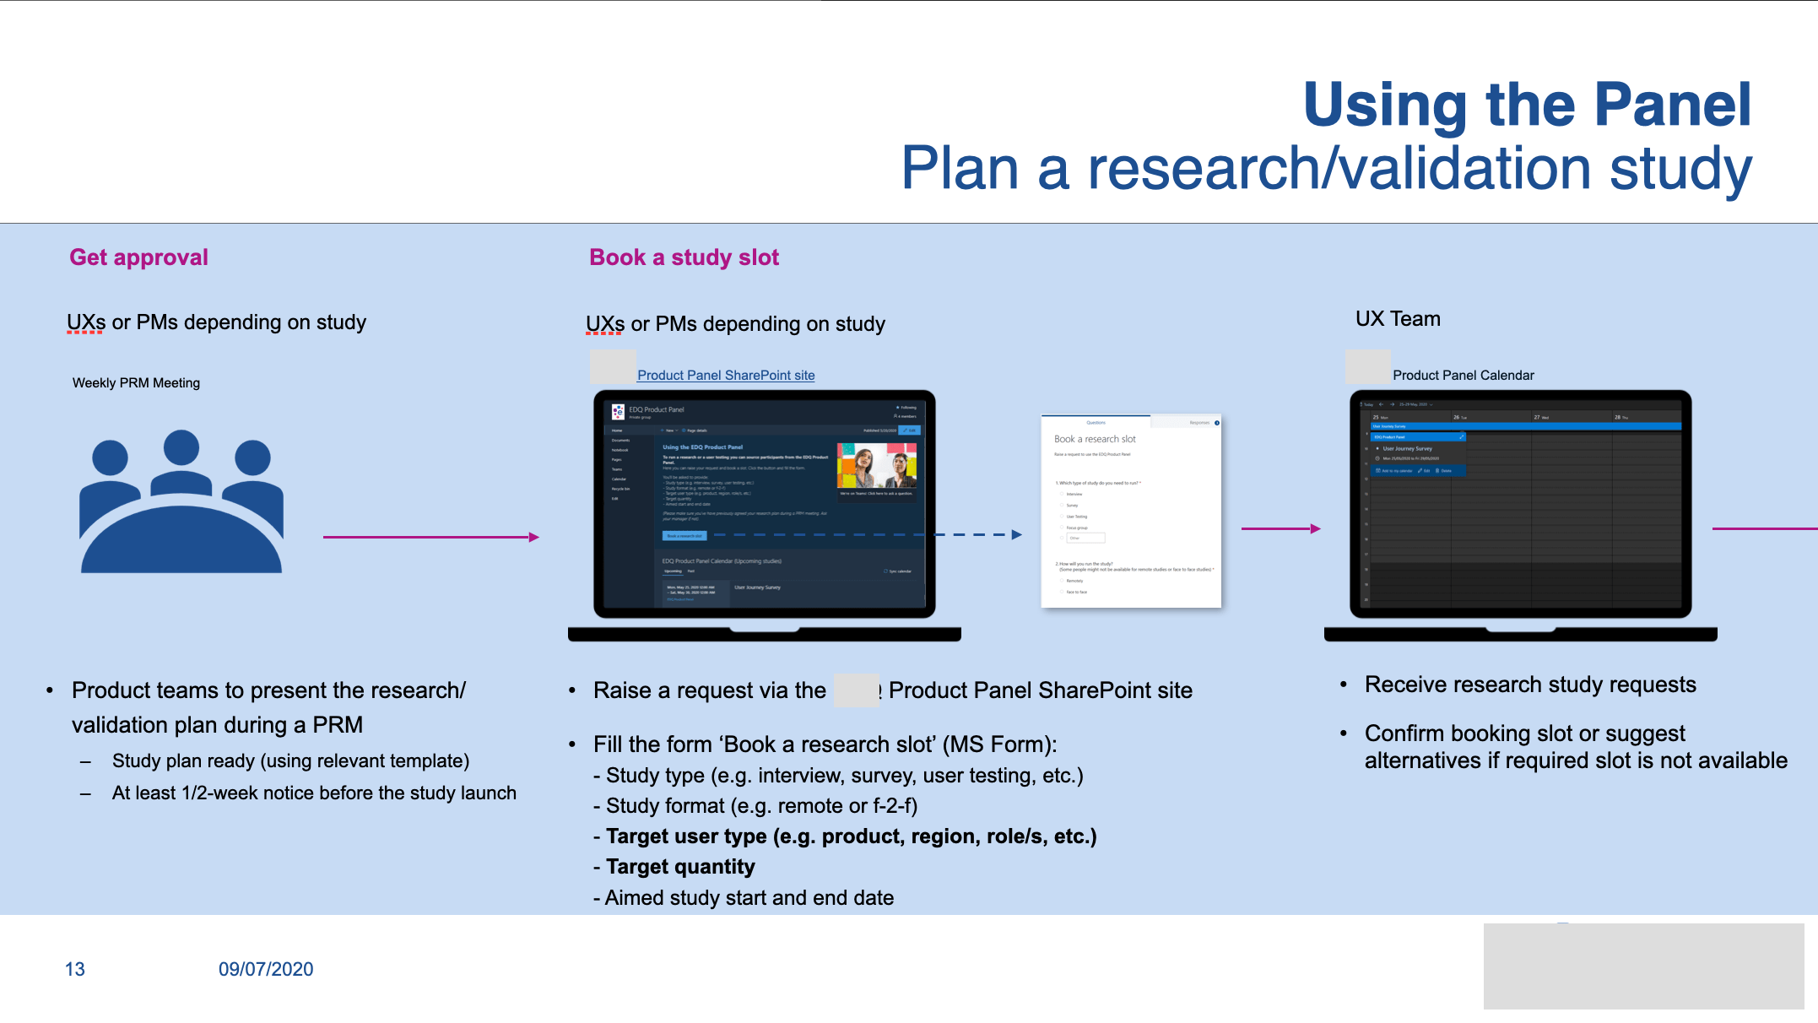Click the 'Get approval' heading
point(138,257)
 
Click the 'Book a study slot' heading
point(684,257)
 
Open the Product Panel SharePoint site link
point(726,376)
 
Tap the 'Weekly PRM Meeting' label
point(136,383)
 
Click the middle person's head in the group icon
point(181,447)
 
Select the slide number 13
point(75,969)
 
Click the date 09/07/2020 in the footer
point(266,969)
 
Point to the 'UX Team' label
point(1398,319)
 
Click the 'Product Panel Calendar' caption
point(1463,376)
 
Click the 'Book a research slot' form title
point(1095,439)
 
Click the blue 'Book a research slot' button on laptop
point(684,535)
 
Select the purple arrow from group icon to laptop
point(430,537)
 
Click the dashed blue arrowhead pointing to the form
point(1016,534)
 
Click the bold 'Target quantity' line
point(680,867)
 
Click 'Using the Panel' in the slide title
point(1527,105)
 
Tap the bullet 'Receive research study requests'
point(1529,685)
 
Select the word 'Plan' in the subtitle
point(960,168)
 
